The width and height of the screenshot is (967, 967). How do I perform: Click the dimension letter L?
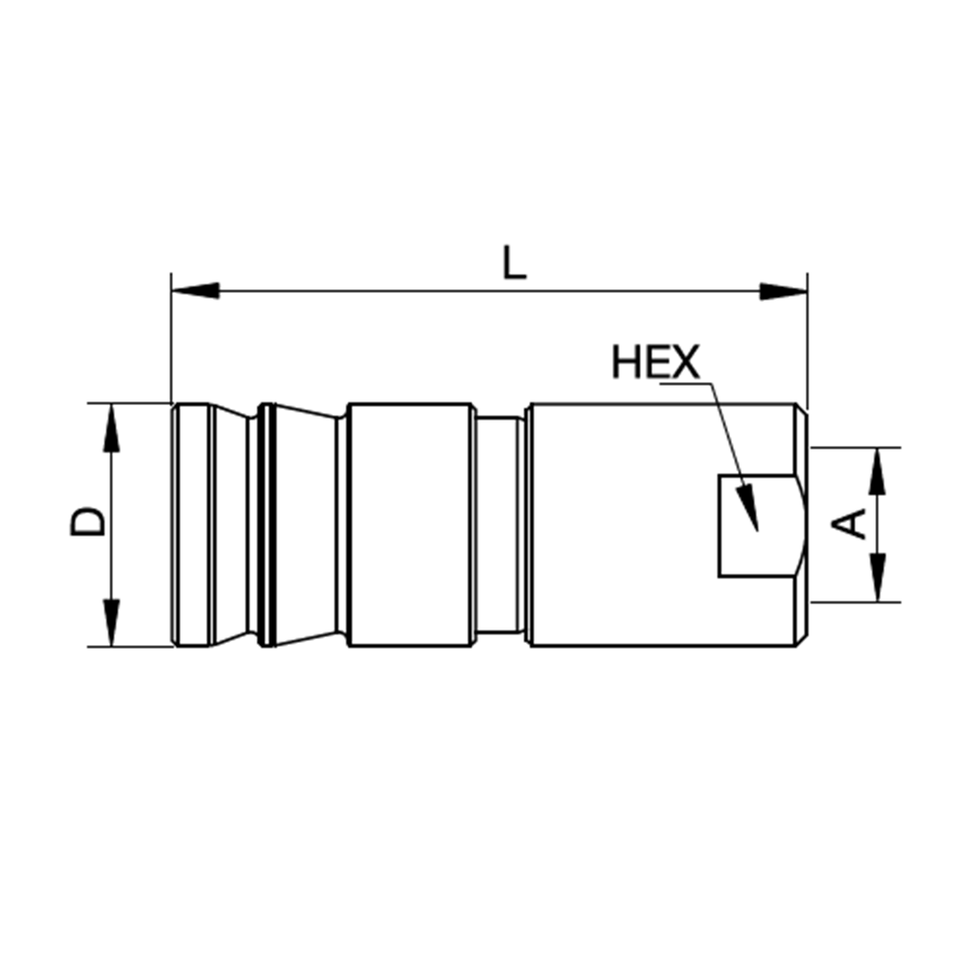pos(514,262)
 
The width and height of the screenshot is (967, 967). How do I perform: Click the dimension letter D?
pos(88,522)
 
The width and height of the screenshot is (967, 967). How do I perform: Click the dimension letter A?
pos(849,523)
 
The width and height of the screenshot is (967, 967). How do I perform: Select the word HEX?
pos(656,362)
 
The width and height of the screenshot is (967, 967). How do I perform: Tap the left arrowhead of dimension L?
pos(195,291)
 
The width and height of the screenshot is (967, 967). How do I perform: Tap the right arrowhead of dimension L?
pos(783,291)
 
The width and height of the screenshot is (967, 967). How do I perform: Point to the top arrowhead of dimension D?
pos(111,428)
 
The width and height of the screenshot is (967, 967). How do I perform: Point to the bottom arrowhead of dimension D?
pos(111,622)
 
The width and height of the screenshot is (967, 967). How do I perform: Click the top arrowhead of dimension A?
pos(877,471)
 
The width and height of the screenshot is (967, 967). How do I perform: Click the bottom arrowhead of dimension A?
pos(877,577)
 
